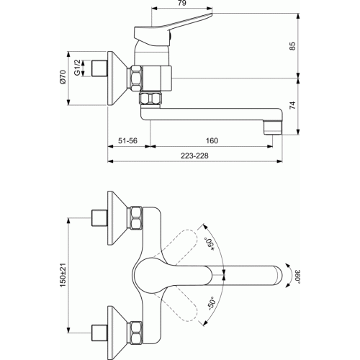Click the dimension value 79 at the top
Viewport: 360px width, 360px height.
tap(182, 3)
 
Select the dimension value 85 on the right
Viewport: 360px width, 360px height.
tap(292, 46)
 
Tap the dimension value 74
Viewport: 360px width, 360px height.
tap(292, 105)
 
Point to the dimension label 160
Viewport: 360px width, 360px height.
tap(212, 140)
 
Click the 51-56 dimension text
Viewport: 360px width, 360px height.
tap(127, 140)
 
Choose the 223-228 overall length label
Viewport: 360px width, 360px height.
tap(194, 156)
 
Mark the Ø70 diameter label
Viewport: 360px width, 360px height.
tap(63, 77)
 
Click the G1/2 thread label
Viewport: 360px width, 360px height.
tap(77, 68)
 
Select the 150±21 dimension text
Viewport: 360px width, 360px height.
tap(63, 275)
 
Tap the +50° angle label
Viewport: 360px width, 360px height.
tap(210, 244)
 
